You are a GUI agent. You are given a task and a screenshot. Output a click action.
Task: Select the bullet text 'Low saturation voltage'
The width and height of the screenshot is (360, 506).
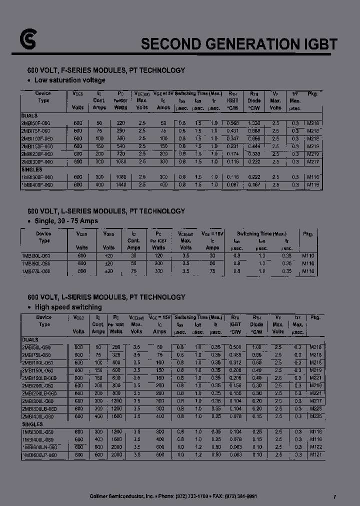pyautogui.click(x=69, y=80)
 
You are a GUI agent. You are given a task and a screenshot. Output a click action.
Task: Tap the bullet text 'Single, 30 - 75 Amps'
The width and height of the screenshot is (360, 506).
pyautogui.click(x=66, y=220)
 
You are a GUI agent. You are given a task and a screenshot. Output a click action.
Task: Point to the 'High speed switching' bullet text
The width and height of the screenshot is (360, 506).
pyautogui.click(x=68, y=307)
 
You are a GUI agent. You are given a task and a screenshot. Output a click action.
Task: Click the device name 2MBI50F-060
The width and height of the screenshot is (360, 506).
pyautogui.click(x=36, y=123)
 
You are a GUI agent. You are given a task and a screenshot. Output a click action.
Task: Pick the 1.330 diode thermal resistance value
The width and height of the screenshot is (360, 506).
pyautogui.click(x=254, y=123)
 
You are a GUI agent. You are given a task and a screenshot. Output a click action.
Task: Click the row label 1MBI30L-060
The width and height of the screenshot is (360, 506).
pyautogui.click(x=36, y=255)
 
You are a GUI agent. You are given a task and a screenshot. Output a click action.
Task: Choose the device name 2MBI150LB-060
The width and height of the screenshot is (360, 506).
pyautogui.click(x=39, y=378)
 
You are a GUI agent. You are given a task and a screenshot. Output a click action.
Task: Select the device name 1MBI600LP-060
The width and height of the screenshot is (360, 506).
pyautogui.click(x=39, y=455)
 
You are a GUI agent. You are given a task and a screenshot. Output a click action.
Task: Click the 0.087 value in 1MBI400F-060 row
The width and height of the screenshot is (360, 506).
pyautogui.click(x=232, y=185)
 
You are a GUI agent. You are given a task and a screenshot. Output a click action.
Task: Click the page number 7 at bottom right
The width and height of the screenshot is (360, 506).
pyautogui.click(x=334, y=496)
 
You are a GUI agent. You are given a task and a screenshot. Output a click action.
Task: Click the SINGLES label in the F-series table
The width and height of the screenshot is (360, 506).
pyautogui.click(x=32, y=169)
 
